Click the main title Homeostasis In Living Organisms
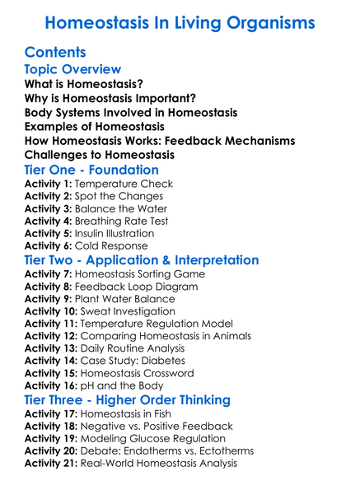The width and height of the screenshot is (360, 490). (x=180, y=22)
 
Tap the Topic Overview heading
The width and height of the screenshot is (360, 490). (x=73, y=69)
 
